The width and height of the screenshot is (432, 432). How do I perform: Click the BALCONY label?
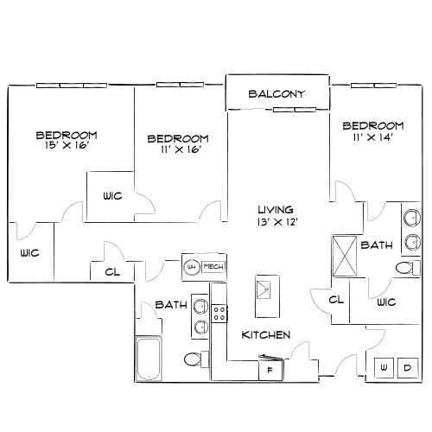(x=276, y=94)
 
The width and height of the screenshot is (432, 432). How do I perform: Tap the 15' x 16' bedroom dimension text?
(x=66, y=146)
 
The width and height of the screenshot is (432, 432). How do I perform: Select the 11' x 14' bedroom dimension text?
(x=373, y=137)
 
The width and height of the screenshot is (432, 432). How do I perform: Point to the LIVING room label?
(x=276, y=209)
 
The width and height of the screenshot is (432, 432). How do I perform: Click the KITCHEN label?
(x=265, y=334)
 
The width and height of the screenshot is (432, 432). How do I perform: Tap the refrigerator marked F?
(x=269, y=370)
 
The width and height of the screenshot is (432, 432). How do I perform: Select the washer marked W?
(x=383, y=369)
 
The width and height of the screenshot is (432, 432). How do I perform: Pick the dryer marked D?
(x=406, y=369)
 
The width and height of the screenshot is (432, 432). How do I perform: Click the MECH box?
(x=213, y=266)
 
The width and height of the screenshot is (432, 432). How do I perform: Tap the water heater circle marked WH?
(x=192, y=266)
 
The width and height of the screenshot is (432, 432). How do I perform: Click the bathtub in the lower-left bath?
(x=149, y=360)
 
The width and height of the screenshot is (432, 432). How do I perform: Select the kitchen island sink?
(x=264, y=287)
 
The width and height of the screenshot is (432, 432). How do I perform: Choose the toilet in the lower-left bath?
(x=194, y=359)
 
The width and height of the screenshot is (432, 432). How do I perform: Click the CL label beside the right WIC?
(x=337, y=300)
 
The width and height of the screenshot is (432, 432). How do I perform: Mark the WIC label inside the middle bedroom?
(x=112, y=195)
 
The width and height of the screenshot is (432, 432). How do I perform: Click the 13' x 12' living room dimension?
(x=276, y=221)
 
